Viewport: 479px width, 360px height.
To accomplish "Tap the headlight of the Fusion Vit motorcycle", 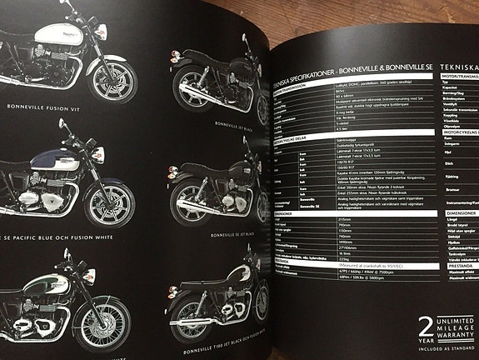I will click(102, 32).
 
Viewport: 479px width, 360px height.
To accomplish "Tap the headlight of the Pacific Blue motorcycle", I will click(97, 154).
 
